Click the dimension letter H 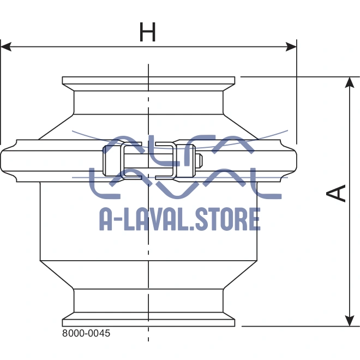click(147, 33)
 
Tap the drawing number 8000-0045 click(86, 333)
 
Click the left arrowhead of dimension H click(5, 47)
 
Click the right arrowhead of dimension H click(291, 47)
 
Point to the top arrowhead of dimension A click(349, 82)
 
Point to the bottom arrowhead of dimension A click(349, 321)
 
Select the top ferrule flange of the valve click(148, 81)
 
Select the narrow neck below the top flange click(148, 101)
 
